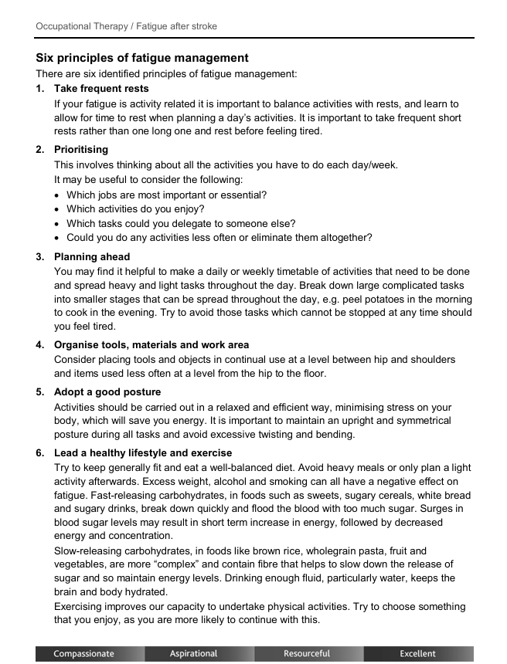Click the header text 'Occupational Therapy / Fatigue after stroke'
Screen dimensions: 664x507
126,26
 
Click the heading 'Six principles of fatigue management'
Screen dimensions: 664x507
142,58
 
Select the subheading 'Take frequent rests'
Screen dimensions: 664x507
101,89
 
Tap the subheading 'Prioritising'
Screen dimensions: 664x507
81,149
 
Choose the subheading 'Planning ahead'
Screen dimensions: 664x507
92,256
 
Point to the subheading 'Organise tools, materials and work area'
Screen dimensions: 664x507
151,344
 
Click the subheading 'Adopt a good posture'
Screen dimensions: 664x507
107,391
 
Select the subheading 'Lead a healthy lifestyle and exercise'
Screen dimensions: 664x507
143,452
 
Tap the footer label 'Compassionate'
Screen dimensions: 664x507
83,654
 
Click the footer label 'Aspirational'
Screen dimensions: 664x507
193,654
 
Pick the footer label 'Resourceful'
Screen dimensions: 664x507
307,654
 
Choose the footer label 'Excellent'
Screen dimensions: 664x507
417,654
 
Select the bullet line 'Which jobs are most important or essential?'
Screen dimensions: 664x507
166,195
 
